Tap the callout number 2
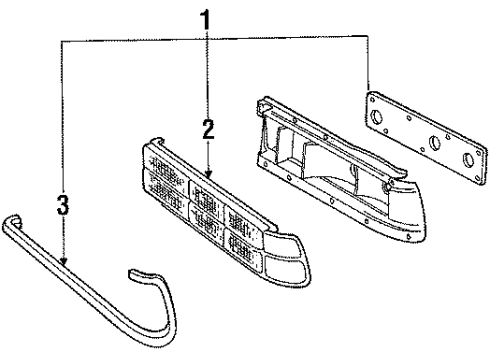coord(207,130)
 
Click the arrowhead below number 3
coord(64,263)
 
